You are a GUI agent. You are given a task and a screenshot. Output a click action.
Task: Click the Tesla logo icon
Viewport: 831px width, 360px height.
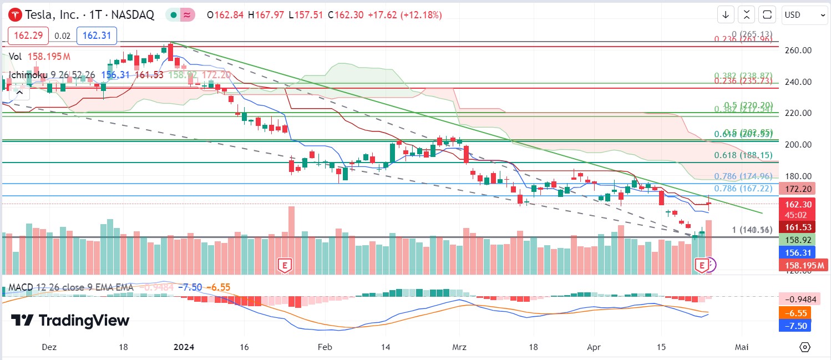point(14,15)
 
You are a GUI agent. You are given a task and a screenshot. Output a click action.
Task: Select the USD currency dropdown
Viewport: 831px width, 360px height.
point(804,15)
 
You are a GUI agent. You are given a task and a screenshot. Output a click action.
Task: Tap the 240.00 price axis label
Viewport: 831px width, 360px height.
point(799,82)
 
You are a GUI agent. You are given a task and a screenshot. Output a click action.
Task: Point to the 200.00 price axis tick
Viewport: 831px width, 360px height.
point(799,144)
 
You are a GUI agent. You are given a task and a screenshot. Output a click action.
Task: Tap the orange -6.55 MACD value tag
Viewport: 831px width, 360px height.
point(795,313)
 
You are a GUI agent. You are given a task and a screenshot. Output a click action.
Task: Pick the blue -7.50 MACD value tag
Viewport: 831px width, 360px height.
point(795,326)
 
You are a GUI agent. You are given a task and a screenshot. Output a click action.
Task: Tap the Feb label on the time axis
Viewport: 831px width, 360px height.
point(325,347)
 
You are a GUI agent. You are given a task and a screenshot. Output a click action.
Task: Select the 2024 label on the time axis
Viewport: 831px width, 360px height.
point(184,347)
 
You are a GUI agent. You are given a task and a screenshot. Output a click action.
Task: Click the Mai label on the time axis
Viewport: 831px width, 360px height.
point(742,347)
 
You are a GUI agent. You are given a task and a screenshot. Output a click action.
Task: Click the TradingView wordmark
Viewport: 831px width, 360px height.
point(70,321)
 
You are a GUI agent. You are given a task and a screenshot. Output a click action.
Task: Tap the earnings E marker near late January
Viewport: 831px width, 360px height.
point(285,266)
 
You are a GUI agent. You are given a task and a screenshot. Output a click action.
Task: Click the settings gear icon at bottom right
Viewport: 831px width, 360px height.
point(805,347)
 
